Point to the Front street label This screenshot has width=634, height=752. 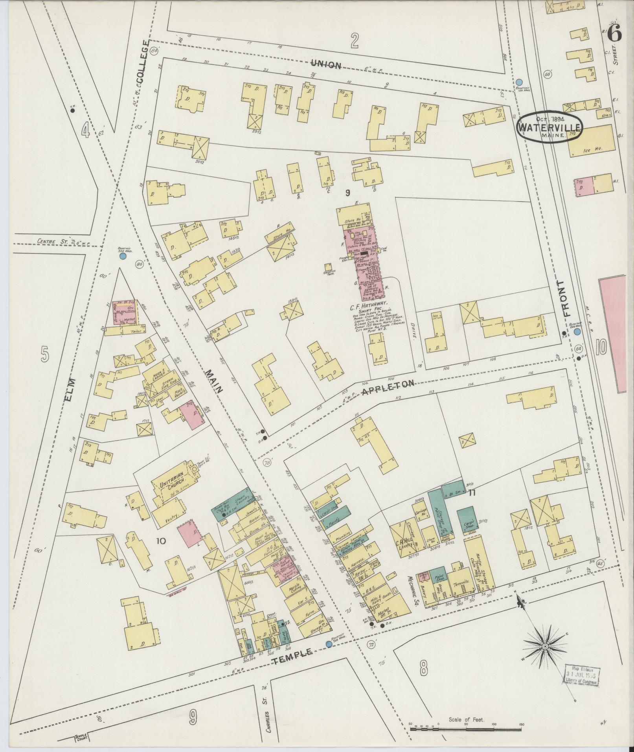tap(565, 298)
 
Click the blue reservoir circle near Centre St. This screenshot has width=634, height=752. tap(122, 256)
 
